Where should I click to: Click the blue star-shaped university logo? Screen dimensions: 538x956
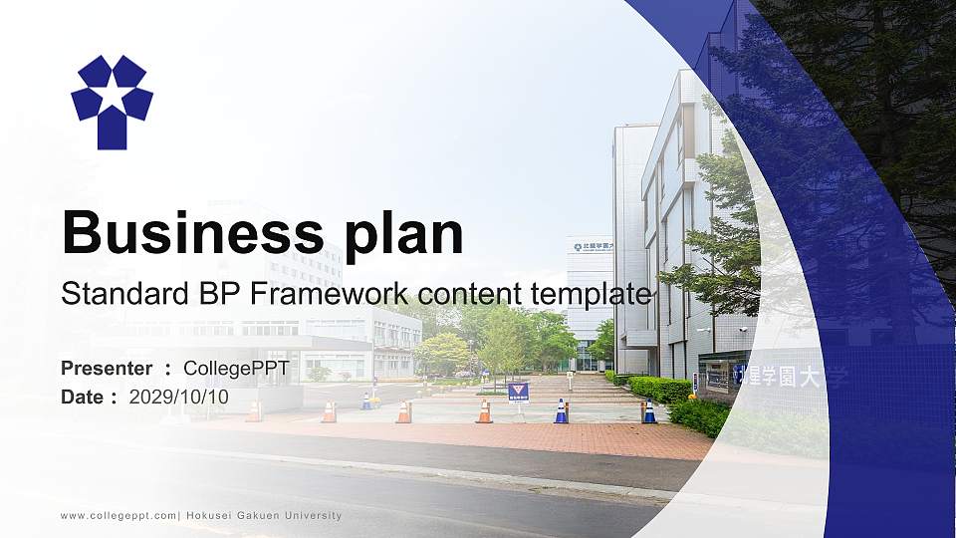112,101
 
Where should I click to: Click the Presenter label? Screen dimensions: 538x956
107,369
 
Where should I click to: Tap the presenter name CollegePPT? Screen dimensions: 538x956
236,369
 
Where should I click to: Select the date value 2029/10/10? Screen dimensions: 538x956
178,398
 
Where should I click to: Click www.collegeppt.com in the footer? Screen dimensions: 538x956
119,516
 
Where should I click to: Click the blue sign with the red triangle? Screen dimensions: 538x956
518,392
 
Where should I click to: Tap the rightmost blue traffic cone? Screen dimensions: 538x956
649,411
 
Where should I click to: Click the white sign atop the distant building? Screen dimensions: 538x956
591,245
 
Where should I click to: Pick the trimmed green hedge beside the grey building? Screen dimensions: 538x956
660,389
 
